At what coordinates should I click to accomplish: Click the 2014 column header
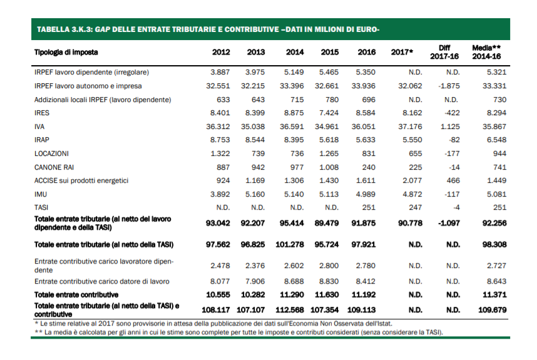pos(295,52)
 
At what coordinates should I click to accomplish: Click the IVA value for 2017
pos(410,126)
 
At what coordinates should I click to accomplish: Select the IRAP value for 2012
pos(219,140)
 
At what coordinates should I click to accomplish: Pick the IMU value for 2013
pos(255,194)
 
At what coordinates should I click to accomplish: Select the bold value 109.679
pos(491,310)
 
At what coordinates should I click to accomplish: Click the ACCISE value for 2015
pos(329,180)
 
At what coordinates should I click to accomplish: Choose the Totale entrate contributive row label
pos(76,294)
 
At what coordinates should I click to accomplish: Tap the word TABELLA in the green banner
pos(54,29)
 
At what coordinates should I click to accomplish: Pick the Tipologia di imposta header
pos(66,52)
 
